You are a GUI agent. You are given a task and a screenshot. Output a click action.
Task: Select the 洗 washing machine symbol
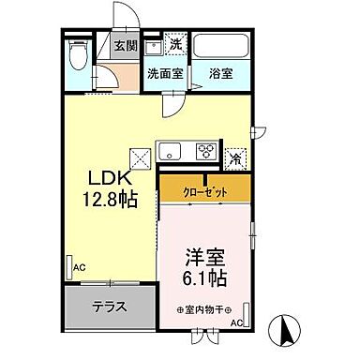click(175, 42)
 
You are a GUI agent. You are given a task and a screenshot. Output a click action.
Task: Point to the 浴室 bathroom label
click(221, 72)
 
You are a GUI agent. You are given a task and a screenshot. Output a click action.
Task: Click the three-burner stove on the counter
click(206, 150)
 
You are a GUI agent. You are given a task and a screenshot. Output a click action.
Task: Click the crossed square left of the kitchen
click(141, 157)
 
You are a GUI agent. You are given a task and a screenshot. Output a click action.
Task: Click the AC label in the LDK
click(81, 267)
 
